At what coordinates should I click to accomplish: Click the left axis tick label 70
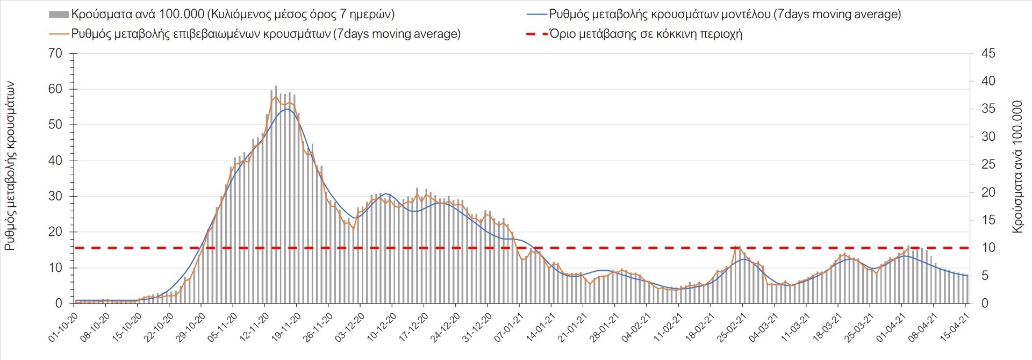tap(55, 54)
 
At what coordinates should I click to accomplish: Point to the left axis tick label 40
tap(55, 161)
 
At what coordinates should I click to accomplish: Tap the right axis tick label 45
tap(988, 54)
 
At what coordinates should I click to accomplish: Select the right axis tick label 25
tap(988, 164)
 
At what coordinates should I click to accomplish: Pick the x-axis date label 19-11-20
tap(285, 328)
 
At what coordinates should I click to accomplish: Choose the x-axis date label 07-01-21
tap(508, 328)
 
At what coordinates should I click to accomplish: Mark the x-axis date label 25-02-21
tap(731, 328)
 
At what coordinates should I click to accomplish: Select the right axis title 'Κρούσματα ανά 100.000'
tap(1017, 167)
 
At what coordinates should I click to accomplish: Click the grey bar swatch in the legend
tap(59, 15)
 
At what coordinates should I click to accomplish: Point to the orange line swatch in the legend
tap(59, 34)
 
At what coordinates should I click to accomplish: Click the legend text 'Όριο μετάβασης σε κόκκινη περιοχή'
tap(646, 34)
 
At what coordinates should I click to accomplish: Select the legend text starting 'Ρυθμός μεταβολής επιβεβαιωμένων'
tap(266, 34)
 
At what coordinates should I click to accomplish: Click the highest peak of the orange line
tap(276, 96)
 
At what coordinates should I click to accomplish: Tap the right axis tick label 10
tap(988, 248)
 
